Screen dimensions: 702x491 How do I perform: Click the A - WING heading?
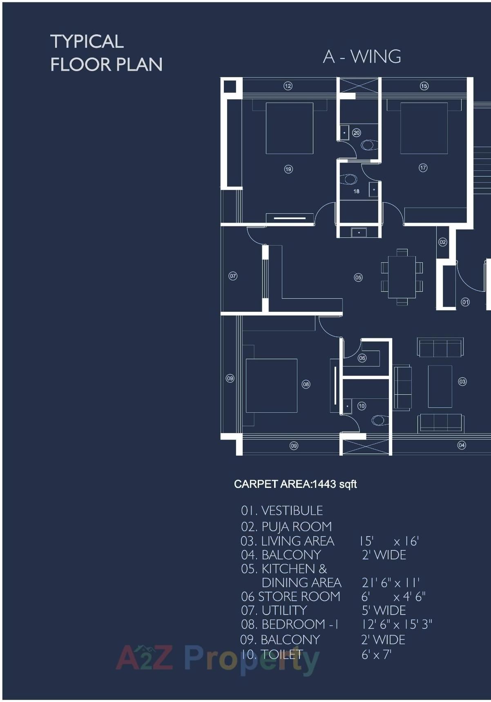362,57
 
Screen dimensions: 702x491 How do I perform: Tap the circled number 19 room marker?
288,169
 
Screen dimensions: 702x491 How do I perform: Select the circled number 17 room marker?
423,168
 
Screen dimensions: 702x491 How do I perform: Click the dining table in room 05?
402,277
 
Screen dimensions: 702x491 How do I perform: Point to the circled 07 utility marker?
233,276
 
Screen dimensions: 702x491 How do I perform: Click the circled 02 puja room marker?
443,242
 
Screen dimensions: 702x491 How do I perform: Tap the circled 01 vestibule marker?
465,302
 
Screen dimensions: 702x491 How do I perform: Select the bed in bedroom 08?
271,386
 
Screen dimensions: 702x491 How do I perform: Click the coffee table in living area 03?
440,387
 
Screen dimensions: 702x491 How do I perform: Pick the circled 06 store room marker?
362,358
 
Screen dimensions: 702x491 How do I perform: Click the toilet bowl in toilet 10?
379,420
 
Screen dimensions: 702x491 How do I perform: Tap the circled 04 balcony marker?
462,445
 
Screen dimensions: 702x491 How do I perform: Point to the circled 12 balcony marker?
288,86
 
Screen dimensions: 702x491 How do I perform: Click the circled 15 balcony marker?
424,86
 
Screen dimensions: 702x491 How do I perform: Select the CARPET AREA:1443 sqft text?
295,484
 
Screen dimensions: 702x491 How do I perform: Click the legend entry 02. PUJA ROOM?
286,526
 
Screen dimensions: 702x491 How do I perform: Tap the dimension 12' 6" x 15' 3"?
396,624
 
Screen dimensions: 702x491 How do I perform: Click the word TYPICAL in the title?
87,42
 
